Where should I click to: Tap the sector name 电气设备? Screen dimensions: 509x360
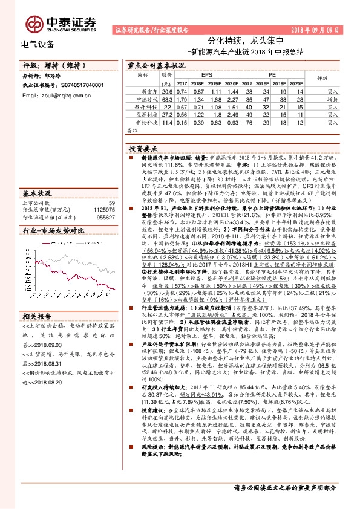[38, 44]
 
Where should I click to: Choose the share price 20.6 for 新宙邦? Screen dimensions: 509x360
[167, 91]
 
